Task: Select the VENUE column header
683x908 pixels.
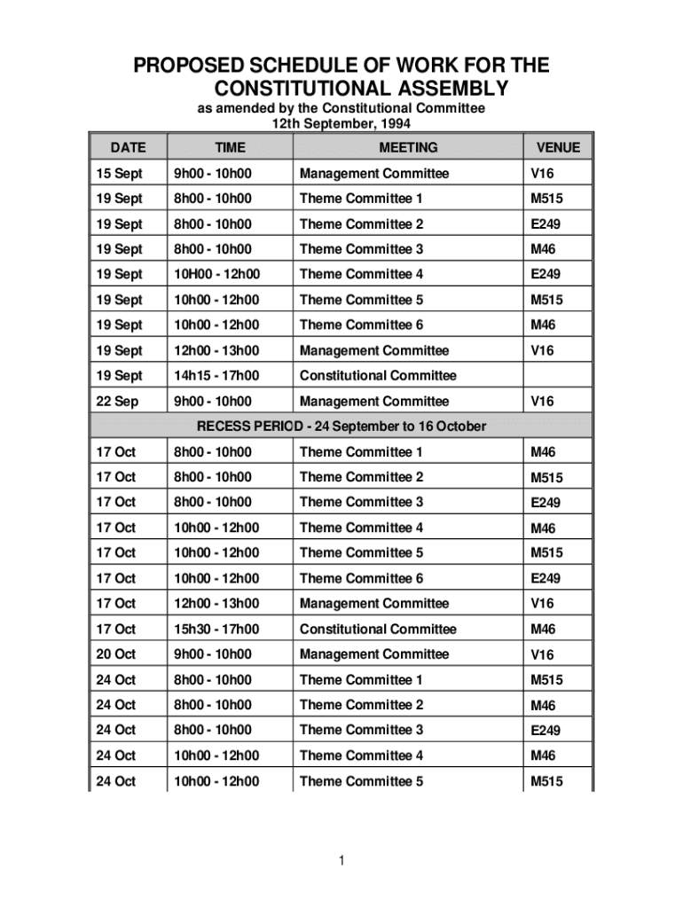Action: [x=558, y=148]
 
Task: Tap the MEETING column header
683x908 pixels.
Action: [x=408, y=148]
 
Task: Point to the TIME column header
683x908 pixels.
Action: [x=230, y=148]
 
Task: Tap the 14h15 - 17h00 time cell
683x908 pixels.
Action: [x=216, y=376]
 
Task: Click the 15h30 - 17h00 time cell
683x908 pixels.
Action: [x=216, y=630]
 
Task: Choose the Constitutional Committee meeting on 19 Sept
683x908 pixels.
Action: [x=378, y=376]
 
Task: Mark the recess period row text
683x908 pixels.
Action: [x=341, y=427]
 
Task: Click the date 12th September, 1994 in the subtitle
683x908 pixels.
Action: [x=341, y=123]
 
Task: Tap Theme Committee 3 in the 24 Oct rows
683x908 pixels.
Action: [x=361, y=730]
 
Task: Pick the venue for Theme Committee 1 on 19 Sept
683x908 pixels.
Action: [x=546, y=200]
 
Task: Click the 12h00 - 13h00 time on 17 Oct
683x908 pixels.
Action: [x=216, y=604]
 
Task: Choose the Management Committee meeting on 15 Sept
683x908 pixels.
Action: [x=374, y=174]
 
